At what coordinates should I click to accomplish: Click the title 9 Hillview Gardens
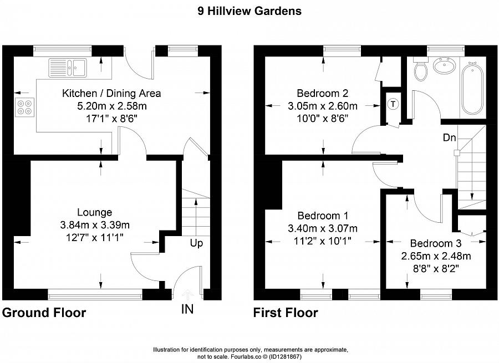[249, 11]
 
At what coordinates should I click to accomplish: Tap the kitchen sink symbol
[67, 67]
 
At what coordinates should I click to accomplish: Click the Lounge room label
[94, 212]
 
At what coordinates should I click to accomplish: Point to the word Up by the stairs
[196, 243]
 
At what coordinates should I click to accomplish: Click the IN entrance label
[187, 309]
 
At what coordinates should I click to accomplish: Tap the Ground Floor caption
[44, 313]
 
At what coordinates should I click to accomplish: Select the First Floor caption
[286, 313]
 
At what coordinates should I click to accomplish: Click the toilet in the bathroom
[421, 70]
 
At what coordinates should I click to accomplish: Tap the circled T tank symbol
[393, 104]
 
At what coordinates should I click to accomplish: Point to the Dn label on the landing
[449, 137]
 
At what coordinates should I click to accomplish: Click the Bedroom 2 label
[322, 93]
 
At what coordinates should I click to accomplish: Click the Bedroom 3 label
[435, 243]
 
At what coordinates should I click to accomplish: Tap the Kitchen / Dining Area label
[111, 93]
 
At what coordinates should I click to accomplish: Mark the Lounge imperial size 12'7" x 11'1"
[94, 237]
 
